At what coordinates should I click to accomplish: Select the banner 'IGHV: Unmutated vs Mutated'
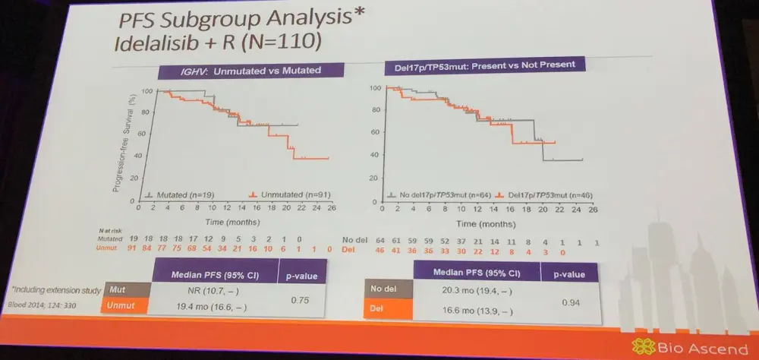[x=239, y=71]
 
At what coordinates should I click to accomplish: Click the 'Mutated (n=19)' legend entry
[x=175, y=195]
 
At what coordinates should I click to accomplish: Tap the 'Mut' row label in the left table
[x=116, y=289]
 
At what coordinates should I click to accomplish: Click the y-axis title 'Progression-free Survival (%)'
[x=118, y=144]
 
